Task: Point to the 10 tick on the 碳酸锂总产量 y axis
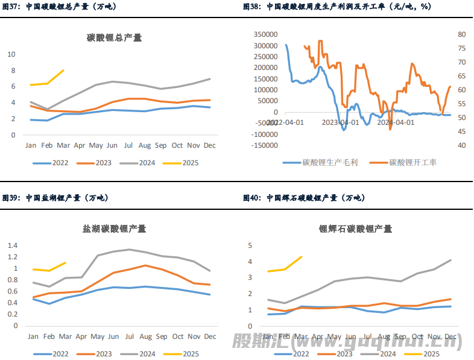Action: pyautogui.click(x=11, y=54)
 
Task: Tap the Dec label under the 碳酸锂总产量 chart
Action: pyautogui.click(x=210, y=145)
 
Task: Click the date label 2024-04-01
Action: pyautogui.click(x=396, y=122)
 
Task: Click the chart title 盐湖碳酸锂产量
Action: pyautogui.click(x=115, y=229)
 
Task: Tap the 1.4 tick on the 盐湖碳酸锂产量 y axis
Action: pyautogui.click(x=13, y=245)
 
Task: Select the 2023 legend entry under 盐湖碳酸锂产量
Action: pyautogui.click(x=96, y=354)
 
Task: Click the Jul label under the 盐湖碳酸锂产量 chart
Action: pyautogui.click(x=128, y=336)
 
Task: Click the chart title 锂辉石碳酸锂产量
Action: pyautogui.click(x=355, y=229)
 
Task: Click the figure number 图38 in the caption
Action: pyautogui.click(x=251, y=7)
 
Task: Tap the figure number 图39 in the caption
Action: pyautogui.click(x=11, y=198)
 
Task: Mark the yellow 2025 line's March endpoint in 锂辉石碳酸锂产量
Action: pyautogui.click(x=302, y=257)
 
